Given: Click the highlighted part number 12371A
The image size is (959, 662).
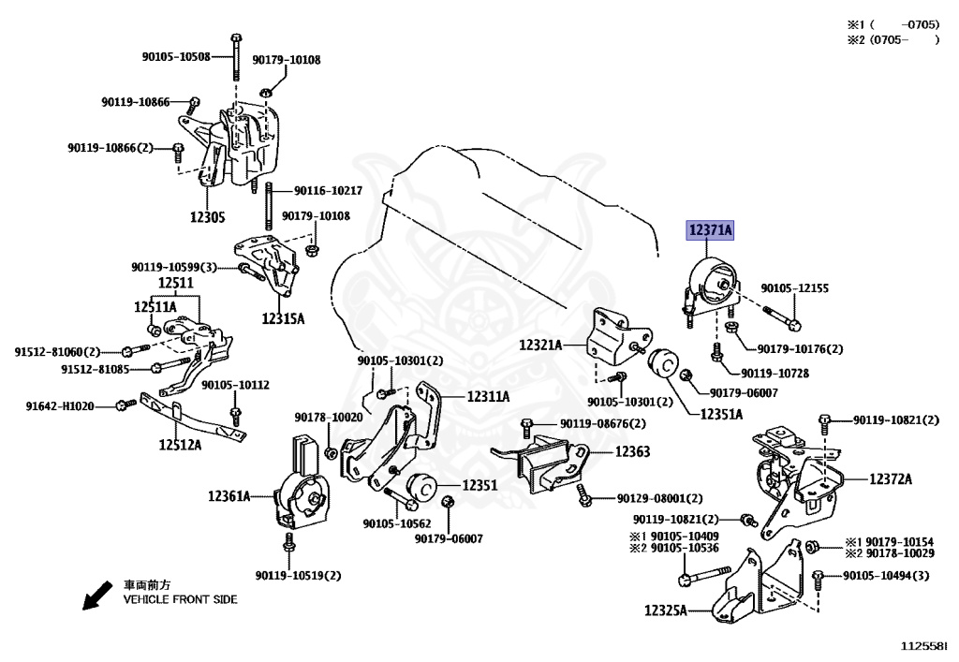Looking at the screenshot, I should click(712, 228).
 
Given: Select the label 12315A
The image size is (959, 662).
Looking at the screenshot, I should click(283, 317).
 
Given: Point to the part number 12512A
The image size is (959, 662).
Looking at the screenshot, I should click(180, 444).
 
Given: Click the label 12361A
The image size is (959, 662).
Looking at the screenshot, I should click(229, 496).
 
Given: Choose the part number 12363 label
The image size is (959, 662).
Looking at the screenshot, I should click(632, 451).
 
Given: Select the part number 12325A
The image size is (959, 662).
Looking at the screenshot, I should click(665, 611).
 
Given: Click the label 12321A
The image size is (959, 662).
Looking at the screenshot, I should click(540, 345).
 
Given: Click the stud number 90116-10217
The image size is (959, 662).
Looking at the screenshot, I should click(328, 190).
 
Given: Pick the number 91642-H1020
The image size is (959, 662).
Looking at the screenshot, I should click(59, 405).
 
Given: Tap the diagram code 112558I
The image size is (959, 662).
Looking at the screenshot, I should click(923, 645).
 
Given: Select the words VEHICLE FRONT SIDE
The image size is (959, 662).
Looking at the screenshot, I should click(181, 599).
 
